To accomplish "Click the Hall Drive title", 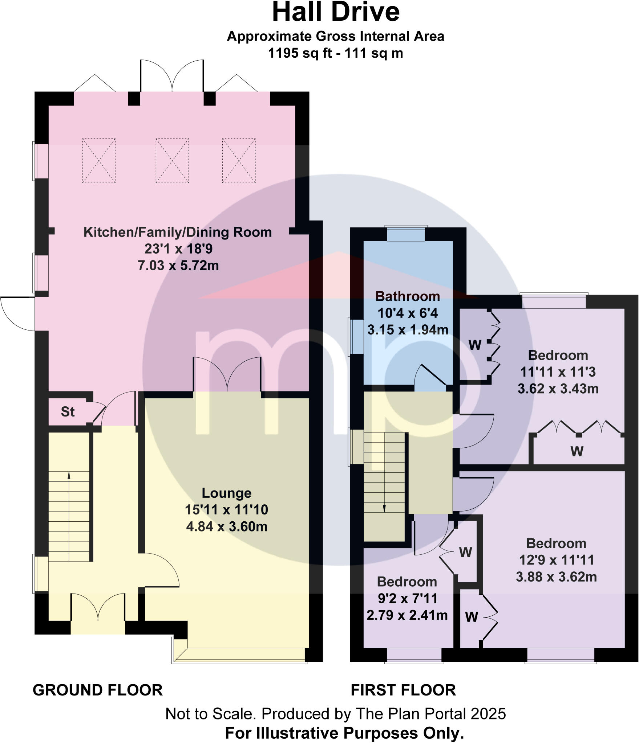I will click(336, 13).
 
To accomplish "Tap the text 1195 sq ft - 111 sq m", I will click(335, 53).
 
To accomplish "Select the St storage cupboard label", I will click(68, 412).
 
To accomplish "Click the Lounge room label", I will click(226, 493).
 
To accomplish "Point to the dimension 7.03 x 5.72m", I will click(178, 266).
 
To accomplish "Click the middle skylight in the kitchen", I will click(172, 160).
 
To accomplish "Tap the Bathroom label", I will click(407, 296).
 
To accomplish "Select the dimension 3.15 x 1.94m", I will click(408, 329).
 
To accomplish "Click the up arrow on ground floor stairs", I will click(69, 475).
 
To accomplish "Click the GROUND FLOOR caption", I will click(98, 690).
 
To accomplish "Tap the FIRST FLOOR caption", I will click(403, 690).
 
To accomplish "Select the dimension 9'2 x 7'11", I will click(407, 598).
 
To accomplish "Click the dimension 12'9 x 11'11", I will click(556, 560).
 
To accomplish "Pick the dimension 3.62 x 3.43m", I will click(558, 389).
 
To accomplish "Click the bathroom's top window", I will click(406, 234).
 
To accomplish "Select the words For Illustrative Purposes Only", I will click(344, 733).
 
